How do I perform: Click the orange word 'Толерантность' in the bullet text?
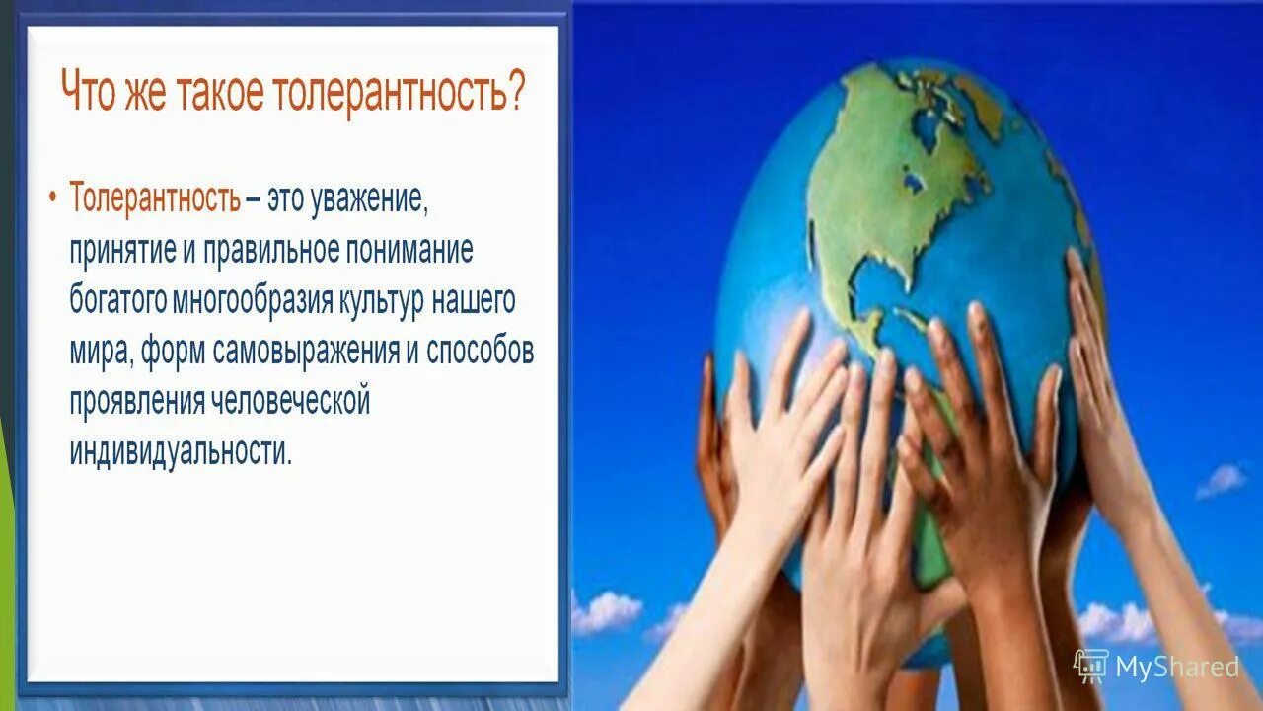pyautogui.click(x=155, y=197)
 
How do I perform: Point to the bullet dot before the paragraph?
pyautogui.click(x=52, y=197)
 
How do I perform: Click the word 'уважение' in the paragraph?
pyautogui.click(x=369, y=199)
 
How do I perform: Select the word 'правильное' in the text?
pyautogui.click(x=271, y=251)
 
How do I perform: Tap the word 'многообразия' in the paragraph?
pyautogui.click(x=253, y=301)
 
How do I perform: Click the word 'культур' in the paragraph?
pyautogui.click(x=381, y=301)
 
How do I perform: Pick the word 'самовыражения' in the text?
pyautogui.click(x=306, y=353)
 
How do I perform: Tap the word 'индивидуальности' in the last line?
pyautogui.click(x=181, y=452)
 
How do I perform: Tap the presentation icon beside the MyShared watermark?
pyautogui.click(x=1091, y=667)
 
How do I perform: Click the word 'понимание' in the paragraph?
pyautogui.click(x=409, y=251)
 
